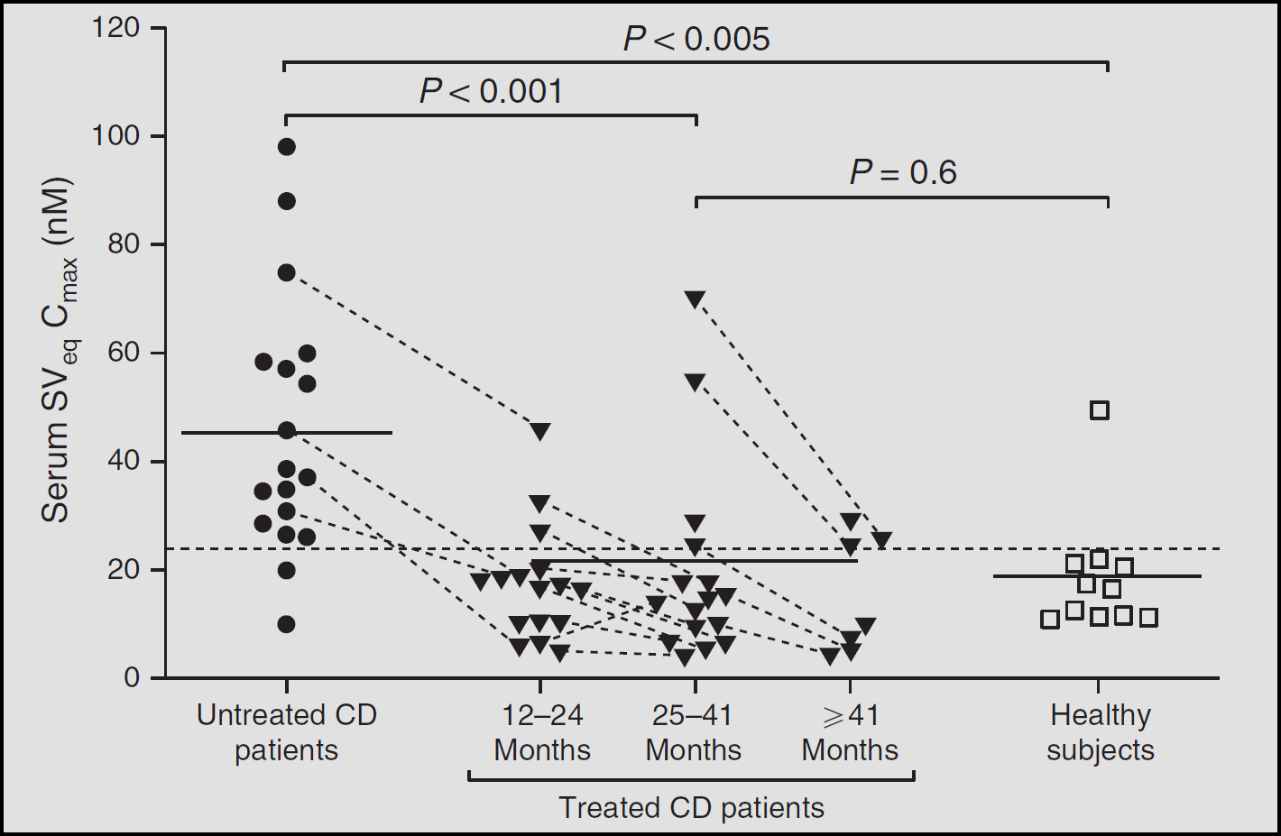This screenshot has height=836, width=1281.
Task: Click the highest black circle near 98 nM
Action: (x=287, y=147)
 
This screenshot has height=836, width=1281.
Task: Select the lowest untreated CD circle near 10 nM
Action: (x=287, y=624)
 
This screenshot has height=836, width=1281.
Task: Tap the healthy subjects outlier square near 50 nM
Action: (x=1100, y=410)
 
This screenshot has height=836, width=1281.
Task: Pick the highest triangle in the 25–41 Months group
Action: (x=695, y=299)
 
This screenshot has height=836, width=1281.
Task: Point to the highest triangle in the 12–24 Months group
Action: (x=540, y=431)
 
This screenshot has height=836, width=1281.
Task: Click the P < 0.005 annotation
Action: (x=696, y=40)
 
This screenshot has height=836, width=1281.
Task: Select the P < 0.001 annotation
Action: (x=492, y=91)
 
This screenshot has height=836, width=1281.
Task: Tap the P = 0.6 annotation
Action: (x=903, y=172)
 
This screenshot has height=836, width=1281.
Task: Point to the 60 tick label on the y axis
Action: (x=124, y=353)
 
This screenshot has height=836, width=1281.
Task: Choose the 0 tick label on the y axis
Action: (x=132, y=678)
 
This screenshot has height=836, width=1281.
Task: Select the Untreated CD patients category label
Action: (x=287, y=732)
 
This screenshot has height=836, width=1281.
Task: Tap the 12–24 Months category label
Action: (x=542, y=732)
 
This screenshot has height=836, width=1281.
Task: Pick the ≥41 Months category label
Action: (x=850, y=732)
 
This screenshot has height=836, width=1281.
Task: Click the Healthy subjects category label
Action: (x=1101, y=732)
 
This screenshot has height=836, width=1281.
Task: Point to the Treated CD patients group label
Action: (x=691, y=807)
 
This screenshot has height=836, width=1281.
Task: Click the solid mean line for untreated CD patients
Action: (x=287, y=433)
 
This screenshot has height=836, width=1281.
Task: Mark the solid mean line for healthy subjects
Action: (x=1097, y=576)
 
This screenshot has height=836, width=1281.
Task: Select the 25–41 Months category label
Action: (x=693, y=732)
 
